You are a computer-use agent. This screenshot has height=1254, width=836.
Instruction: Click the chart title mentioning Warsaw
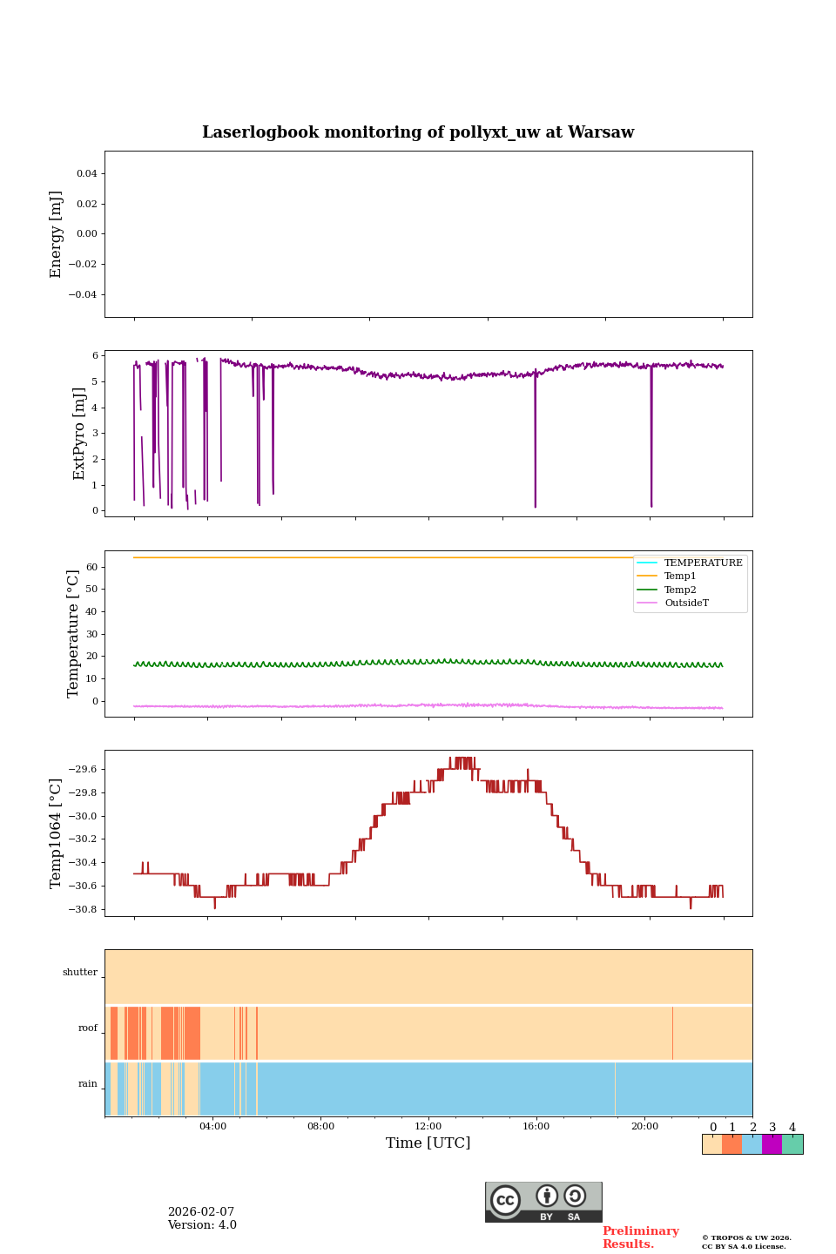[418, 132]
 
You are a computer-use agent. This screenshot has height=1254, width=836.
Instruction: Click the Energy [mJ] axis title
[57, 234]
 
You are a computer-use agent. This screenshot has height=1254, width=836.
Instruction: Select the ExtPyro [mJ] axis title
[79, 434]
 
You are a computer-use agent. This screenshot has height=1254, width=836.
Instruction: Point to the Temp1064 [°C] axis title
[57, 833]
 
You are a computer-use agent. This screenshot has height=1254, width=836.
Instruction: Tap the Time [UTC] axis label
[428, 1143]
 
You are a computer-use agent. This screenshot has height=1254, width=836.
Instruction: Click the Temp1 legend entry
[680, 576]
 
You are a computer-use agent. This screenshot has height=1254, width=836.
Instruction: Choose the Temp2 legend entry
[680, 590]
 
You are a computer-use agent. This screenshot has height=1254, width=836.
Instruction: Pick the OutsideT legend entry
[686, 603]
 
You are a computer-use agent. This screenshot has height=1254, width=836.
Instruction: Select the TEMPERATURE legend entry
[703, 563]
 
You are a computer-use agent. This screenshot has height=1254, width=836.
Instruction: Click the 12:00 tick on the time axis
[428, 1126]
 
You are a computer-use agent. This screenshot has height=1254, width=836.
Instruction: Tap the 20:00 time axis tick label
[644, 1126]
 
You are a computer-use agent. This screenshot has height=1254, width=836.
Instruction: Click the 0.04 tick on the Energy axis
[86, 174]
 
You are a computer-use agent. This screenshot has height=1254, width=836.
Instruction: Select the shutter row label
[80, 973]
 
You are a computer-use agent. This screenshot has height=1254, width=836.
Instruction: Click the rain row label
[88, 1084]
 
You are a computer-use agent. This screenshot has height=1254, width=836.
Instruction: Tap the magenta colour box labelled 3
[772, 1144]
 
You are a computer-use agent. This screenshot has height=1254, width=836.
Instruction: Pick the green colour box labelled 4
[792, 1144]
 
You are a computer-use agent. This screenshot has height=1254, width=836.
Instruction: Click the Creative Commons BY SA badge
[543, 1202]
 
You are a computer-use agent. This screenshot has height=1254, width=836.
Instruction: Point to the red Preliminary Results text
[640, 1237]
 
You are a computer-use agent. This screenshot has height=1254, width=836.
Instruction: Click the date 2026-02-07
[201, 1212]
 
